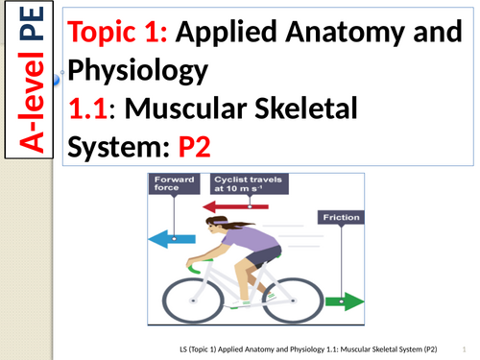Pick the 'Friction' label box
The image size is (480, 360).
(340, 218)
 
